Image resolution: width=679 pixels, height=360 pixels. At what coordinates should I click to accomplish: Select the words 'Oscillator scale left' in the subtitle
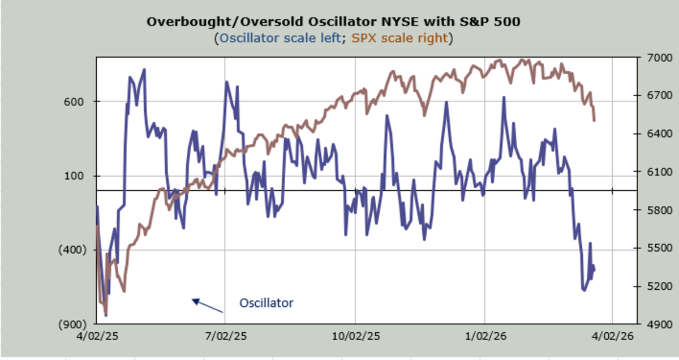tap(282, 38)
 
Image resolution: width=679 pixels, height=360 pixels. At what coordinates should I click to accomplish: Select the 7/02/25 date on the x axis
tap(225, 336)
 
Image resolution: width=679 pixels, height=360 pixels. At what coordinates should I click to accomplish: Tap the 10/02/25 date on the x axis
tap(355, 336)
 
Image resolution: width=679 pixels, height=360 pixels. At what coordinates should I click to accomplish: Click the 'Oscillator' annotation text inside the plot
tap(266, 303)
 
